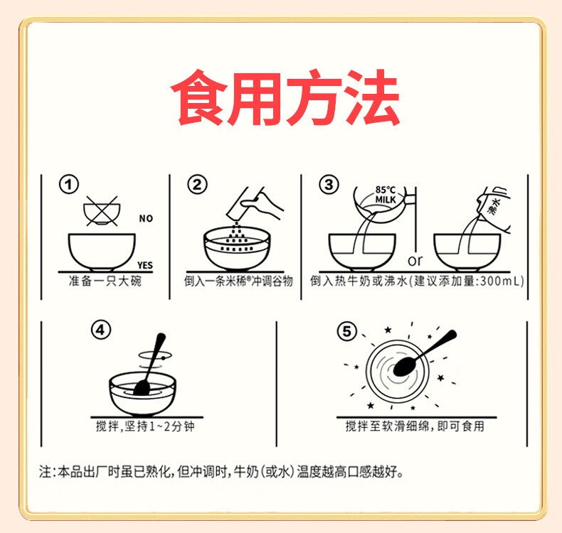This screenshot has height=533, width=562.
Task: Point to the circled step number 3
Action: (327, 185)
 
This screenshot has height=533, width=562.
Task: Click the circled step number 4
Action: (102, 330)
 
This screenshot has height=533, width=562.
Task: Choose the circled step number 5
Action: (346, 331)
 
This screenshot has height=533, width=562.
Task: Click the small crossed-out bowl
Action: (100, 211)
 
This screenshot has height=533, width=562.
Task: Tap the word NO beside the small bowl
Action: (146, 219)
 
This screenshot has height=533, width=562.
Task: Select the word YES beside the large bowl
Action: (144, 265)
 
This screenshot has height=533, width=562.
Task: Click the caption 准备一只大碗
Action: (105, 282)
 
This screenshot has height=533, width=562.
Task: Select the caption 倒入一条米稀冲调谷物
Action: (238, 282)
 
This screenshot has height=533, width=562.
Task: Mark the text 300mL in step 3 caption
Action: (501, 282)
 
